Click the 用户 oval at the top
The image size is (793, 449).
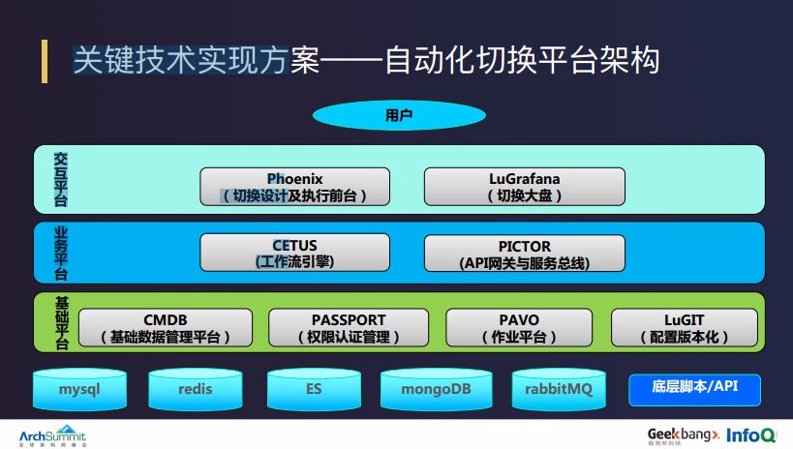click(x=398, y=116)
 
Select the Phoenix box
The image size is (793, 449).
click(x=295, y=186)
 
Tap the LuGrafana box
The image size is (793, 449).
click(x=524, y=186)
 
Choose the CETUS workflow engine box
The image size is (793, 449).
click(x=295, y=254)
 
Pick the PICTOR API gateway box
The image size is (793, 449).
click(x=524, y=254)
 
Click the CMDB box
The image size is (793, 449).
click(x=165, y=328)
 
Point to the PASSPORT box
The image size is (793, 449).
click(x=349, y=328)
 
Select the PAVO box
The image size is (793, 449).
click(x=519, y=328)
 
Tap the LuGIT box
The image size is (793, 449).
click(x=684, y=328)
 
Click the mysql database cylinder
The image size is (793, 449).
click(x=79, y=389)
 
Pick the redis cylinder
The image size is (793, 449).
click(x=196, y=389)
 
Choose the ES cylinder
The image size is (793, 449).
click(x=314, y=389)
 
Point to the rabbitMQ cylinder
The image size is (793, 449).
click(x=557, y=389)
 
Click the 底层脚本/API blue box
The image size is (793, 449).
click(x=694, y=387)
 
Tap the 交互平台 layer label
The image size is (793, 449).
click(x=61, y=179)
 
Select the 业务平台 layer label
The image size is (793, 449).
click(x=61, y=253)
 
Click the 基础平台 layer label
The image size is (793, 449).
click(x=61, y=324)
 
